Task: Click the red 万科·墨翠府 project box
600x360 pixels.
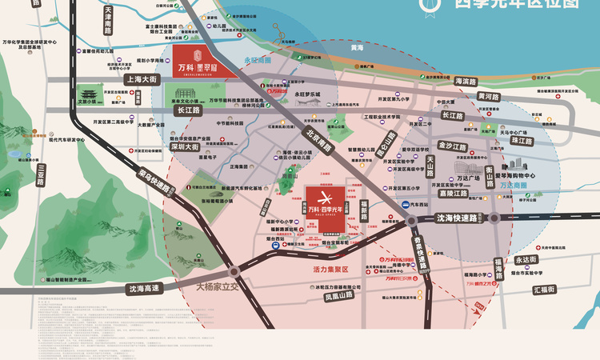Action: (x=204, y=61)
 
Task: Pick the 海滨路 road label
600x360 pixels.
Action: (x=470, y=81)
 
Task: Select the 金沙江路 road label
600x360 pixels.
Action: (x=452, y=146)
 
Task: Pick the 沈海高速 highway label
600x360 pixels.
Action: (x=144, y=288)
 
